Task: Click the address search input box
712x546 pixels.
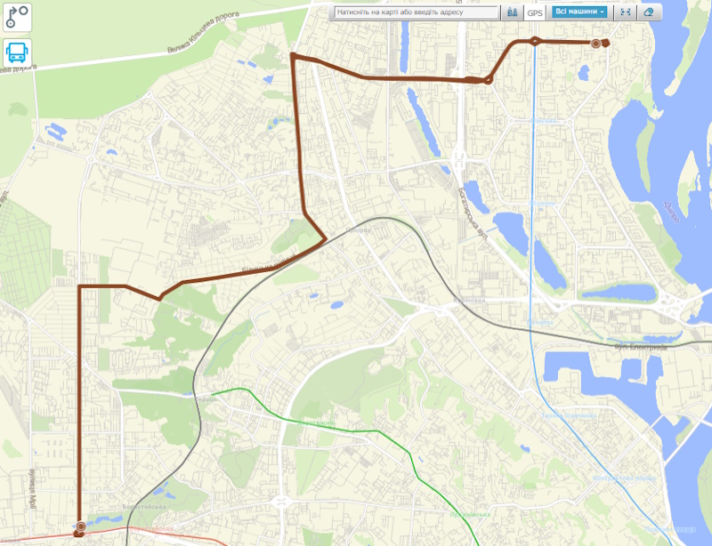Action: tap(416, 12)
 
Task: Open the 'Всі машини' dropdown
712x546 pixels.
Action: tap(579, 12)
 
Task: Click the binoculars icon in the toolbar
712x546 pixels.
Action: tap(512, 12)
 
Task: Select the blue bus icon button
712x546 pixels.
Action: tap(17, 52)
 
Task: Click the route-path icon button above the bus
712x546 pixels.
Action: tap(17, 17)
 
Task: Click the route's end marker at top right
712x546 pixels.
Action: tap(596, 43)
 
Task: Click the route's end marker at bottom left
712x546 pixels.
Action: tap(81, 526)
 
